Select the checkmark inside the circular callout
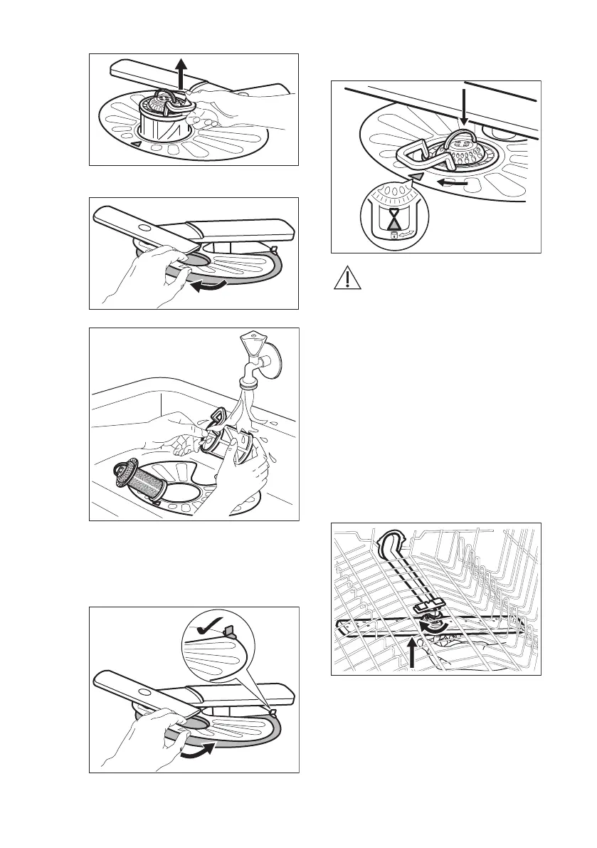[208, 628]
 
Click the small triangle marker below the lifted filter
[137, 145]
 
